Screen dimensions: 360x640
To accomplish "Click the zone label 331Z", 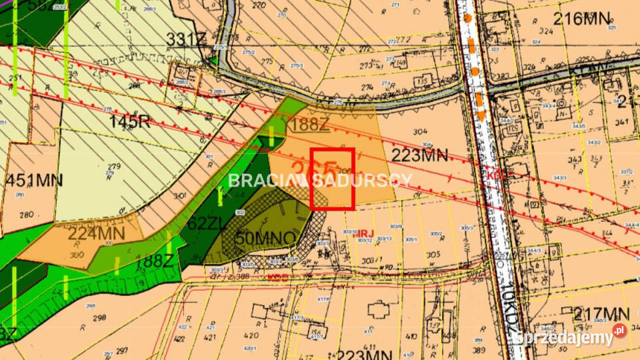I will (186, 39).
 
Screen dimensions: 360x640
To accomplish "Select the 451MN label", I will (34, 181).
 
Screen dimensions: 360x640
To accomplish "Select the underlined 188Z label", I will (311, 124).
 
